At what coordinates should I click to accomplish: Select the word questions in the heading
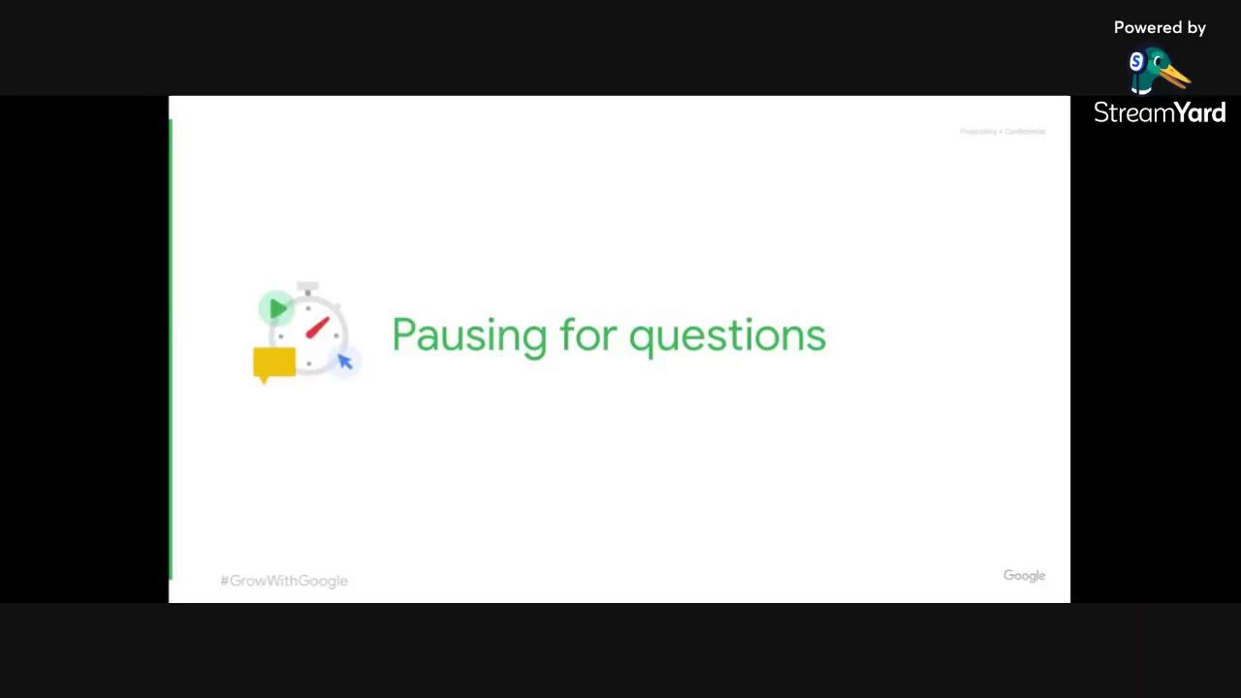pyautogui.click(x=727, y=335)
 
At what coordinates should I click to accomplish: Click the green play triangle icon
pyautogui.click(x=277, y=309)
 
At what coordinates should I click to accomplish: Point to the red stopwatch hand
pyautogui.click(x=317, y=328)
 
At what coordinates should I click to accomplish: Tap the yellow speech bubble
pyautogui.click(x=273, y=364)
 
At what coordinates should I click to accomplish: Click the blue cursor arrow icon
pyautogui.click(x=345, y=362)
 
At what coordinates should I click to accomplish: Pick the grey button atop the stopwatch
pyautogui.click(x=307, y=287)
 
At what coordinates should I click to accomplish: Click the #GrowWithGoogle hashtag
pyautogui.click(x=284, y=581)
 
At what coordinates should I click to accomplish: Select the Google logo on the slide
pyautogui.click(x=1024, y=576)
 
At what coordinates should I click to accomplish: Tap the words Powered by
pyautogui.click(x=1160, y=28)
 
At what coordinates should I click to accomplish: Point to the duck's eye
pyautogui.click(x=1157, y=61)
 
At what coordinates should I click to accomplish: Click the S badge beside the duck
pyautogui.click(x=1136, y=62)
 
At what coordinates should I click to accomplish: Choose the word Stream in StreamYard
pyautogui.click(x=1128, y=113)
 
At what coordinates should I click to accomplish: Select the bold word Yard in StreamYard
pyautogui.click(x=1194, y=113)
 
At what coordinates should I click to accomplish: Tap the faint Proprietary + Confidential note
pyautogui.click(x=1002, y=131)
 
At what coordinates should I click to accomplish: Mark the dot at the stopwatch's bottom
pyautogui.click(x=308, y=365)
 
